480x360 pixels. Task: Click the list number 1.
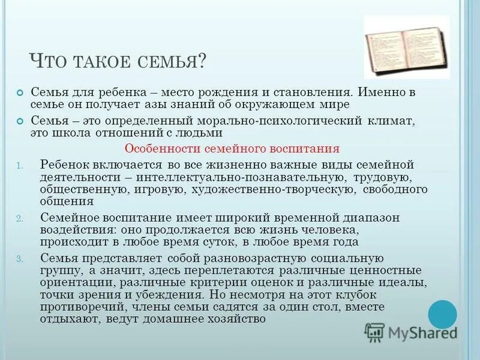pos(19,166)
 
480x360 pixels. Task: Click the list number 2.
pos(19,218)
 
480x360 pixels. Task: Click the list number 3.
pos(19,259)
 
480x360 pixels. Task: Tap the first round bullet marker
pos(19,94)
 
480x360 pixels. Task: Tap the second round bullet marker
pos(19,121)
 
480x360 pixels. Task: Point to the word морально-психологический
pos(262,121)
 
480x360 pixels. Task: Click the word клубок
pos(355,295)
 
